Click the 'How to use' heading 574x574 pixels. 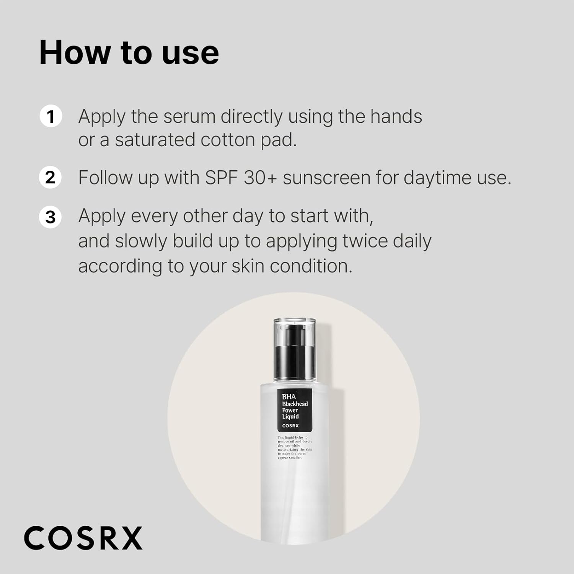129,52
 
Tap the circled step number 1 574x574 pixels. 51,116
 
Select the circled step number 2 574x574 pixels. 51,178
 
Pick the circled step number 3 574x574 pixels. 51,217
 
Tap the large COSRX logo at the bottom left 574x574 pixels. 83,538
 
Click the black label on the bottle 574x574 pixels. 295,410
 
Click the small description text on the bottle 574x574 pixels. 295,447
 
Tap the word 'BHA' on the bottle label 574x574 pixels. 289,397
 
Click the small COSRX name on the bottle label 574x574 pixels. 290,426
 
